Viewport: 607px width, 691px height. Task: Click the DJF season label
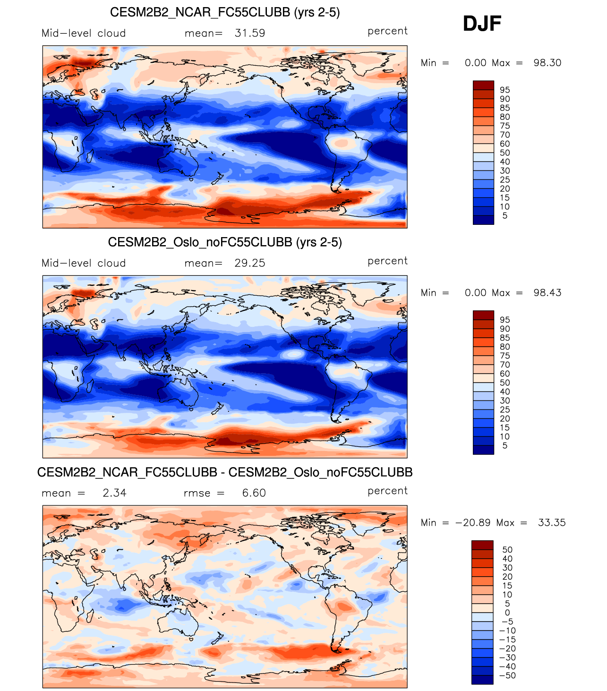coord(482,24)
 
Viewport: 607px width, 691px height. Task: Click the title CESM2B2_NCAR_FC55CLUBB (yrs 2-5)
coord(225,12)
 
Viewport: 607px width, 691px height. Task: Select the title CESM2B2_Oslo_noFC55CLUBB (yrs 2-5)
coord(225,242)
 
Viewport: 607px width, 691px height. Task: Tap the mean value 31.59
coord(250,33)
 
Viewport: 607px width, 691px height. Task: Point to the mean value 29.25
coord(250,263)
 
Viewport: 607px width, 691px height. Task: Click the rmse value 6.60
coord(254,493)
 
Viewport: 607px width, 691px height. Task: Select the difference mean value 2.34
coord(114,493)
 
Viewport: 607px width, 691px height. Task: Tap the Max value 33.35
coord(552,523)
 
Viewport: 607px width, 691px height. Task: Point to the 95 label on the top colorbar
coord(505,90)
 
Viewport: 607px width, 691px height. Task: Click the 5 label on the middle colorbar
coord(505,445)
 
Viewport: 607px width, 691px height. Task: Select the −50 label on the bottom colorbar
coord(507,675)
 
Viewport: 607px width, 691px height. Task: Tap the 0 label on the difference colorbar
coord(507,613)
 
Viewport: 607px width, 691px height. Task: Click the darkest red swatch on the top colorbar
coord(483,85)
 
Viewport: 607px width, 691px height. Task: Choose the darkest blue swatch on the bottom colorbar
coord(482,680)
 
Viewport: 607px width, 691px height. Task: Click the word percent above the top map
coord(387,31)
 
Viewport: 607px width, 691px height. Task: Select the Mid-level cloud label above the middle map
coord(84,263)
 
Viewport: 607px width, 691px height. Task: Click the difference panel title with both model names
coord(225,472)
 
